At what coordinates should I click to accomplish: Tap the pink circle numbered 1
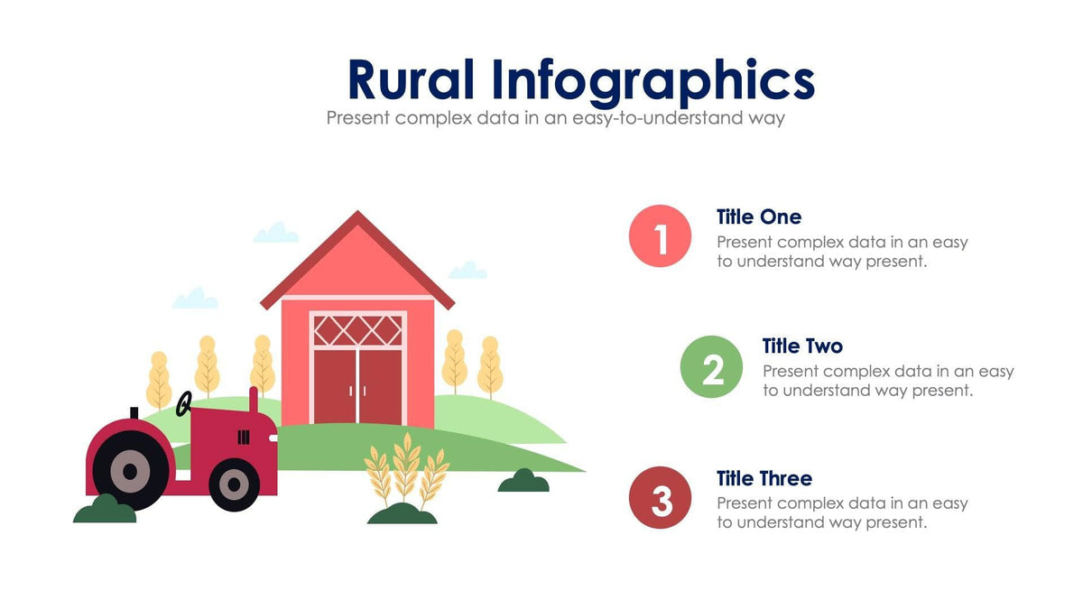coord(661,236)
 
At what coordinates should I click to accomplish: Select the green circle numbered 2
coord(711,366)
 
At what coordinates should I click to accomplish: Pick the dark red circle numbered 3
coord(661,497)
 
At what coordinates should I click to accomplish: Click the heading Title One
coord(758,217)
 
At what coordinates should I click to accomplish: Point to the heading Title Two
coord(802,346)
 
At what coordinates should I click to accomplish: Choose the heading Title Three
coord(764,478)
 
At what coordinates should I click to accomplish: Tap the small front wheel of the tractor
coord(235,484)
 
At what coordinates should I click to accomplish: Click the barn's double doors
coord(357,384)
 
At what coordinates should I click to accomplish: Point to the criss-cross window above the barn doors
coord(357,329)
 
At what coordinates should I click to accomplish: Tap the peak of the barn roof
coord(358,217)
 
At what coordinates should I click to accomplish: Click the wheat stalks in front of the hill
coord(406,469)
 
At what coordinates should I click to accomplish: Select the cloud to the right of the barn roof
coord(467,270)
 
